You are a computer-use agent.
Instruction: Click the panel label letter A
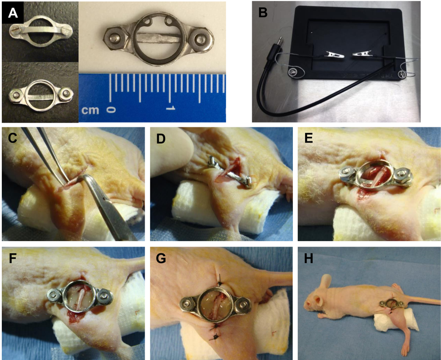[x=13, y=13]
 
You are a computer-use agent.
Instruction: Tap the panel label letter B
[x=263, y=12]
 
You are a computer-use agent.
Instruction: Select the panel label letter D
[x=161, y=138]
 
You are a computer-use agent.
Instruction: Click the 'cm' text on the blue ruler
[x=90, y=110]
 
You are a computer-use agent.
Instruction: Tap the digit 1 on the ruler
[x=171, y=108]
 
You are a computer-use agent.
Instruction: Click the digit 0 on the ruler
[x=111, y=109]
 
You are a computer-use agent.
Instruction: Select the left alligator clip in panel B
[x=335, y=55]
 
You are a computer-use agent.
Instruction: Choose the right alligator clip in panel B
[x=363, y=54]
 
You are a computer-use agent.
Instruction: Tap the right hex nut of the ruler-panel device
[x=202, y=39]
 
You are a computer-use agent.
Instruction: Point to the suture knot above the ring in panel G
[x=219, y=284]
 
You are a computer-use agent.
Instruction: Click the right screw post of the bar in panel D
[x=248, y=179]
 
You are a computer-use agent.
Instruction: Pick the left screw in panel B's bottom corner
[x=292, y=72]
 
